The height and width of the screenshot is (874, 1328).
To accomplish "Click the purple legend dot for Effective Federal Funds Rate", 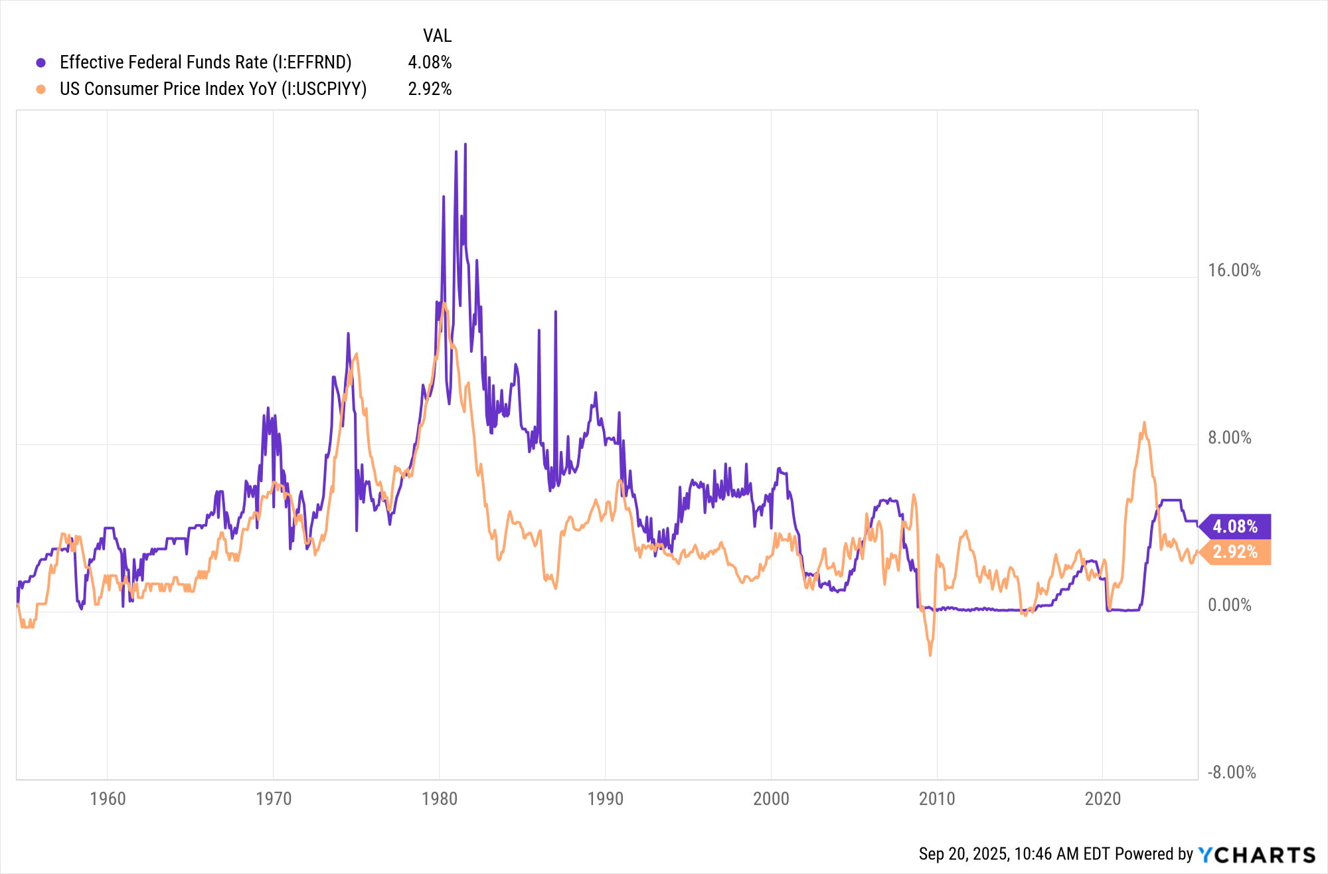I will tap(41, 63).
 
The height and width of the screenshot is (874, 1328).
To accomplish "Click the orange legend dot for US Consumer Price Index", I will tap(41, 90).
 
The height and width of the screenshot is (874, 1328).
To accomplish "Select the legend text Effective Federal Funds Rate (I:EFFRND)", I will tap(205, 62).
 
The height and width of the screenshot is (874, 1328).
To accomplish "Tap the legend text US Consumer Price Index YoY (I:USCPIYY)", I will tap(213, 89).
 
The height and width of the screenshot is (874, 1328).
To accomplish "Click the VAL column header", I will tap(437, 36).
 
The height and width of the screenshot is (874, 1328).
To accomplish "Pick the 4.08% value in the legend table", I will tap(430, 62).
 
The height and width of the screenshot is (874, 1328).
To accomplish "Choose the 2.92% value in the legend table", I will tap(430, 89).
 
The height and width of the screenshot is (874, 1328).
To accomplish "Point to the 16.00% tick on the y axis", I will tap(1234, 270).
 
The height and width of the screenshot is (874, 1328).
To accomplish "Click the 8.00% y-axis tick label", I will tap(1229, 438).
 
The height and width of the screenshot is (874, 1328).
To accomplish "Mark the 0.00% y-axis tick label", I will tap(1229, 605).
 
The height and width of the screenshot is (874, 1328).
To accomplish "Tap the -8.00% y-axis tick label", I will tap(1231, 772).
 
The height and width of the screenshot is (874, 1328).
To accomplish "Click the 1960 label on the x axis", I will tap(108, 798).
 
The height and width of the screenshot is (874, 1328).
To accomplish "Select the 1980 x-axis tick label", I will tap(440, 798).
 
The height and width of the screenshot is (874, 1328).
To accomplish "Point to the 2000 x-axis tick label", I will tap(771, 798).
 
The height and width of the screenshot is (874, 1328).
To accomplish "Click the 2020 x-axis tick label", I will tap(1103, 798).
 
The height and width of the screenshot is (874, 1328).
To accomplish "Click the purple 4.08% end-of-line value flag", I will tap(1236, 527).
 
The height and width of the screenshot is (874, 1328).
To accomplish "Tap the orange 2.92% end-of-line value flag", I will tap(1236, 552).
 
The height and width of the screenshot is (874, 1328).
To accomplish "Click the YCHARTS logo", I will tap(1256, 854).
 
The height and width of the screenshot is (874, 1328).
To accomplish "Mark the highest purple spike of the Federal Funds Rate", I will tap(465, 144).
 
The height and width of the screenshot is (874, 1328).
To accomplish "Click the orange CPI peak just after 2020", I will tap(1144, 422).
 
